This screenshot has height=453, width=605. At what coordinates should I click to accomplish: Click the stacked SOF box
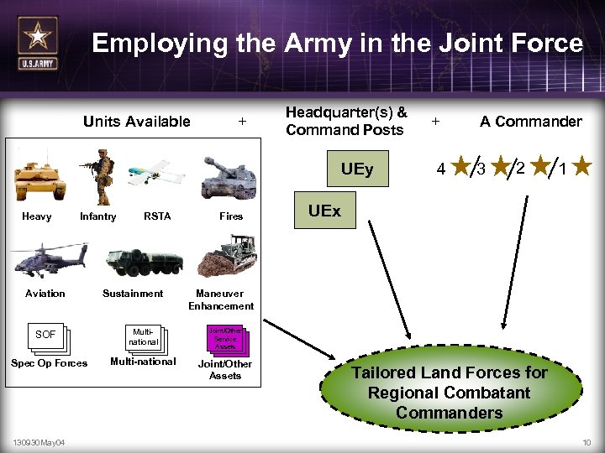(x=47, y=336)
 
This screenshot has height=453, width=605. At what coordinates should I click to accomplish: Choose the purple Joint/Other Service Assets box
(x=224, y=338)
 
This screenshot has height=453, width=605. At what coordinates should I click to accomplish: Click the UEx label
(x=324, y=211)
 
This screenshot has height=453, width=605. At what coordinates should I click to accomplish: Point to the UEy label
(x=357, y=169)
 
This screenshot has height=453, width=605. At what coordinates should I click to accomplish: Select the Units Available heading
(x=137, y=122)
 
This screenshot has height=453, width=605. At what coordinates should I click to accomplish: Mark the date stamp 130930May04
(x=42, y=442)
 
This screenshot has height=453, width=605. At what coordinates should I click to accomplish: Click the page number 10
(x=586, y=442)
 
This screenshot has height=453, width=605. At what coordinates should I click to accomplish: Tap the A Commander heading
(x=530, y=122)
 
